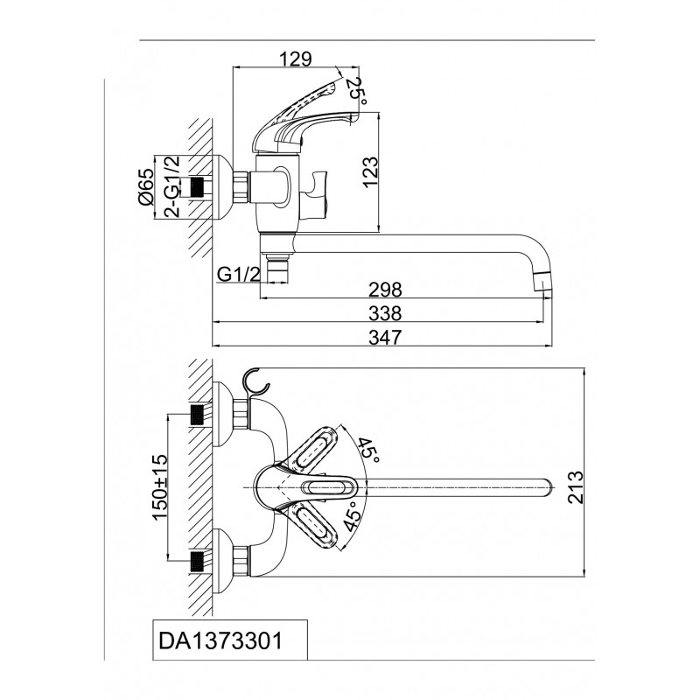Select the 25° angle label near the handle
[x=356, y=94]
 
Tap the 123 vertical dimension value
[x=370, y=171]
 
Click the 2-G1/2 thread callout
[x=172, y=187]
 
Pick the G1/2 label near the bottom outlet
[x=239, y=275]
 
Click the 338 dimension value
[x=384, y=313]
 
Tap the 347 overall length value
[x=384, y=338]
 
